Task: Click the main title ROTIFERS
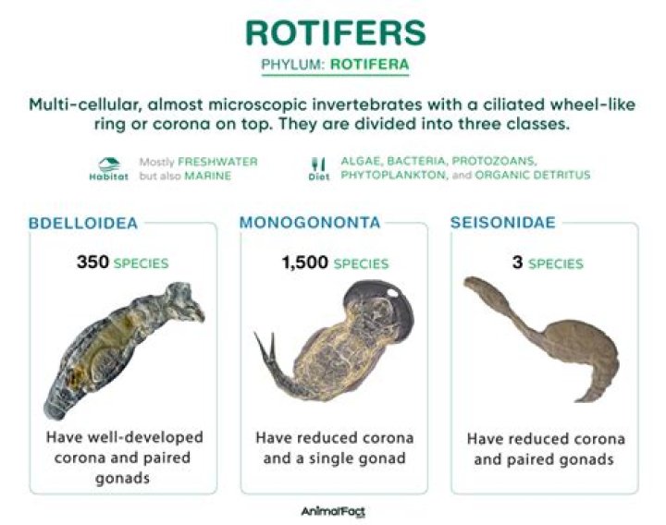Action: (x=334, y=31)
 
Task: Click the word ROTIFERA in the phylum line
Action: (x=370, y=66)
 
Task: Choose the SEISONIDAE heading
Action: (x=502, y=223)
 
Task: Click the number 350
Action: (x=92, y=262)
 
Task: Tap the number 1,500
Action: (x=305, y=262)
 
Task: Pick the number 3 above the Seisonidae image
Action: (x=517, y=262)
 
